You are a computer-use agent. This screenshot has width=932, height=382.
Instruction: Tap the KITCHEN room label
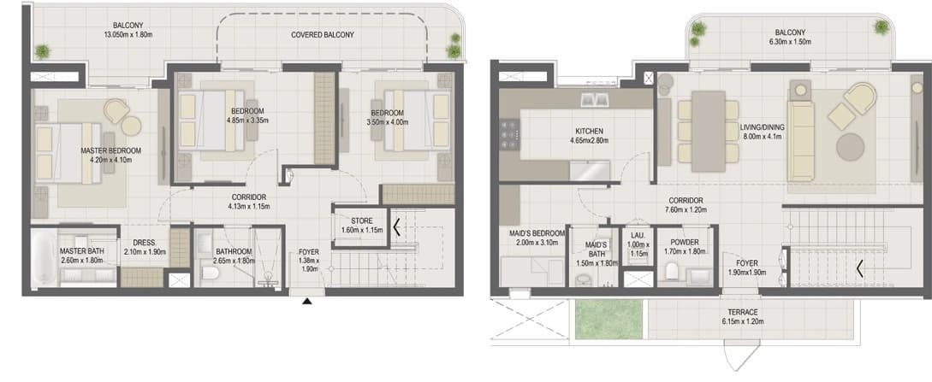tap(590, 131)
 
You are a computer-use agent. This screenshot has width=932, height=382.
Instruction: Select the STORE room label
tap(361, 220)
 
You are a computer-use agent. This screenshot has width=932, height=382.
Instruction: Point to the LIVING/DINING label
tap(763, 127)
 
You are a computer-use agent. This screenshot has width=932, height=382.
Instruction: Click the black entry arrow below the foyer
tap(306, 302)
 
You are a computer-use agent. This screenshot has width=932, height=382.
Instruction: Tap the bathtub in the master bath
tap(44, 257)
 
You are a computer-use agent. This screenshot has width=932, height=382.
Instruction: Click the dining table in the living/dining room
tap(709, 131)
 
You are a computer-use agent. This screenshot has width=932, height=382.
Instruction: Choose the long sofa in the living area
tap(801, 141)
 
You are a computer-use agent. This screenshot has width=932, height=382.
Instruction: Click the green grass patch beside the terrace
tap(610, 319)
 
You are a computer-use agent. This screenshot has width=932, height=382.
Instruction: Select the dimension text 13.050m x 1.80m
tap(128, 34)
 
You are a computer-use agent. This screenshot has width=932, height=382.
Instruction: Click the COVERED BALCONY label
tap(322, 35)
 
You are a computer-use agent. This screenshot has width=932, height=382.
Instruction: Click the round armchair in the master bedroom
tap(117, 109)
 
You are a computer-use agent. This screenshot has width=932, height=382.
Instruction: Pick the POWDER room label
tap(684, 243)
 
